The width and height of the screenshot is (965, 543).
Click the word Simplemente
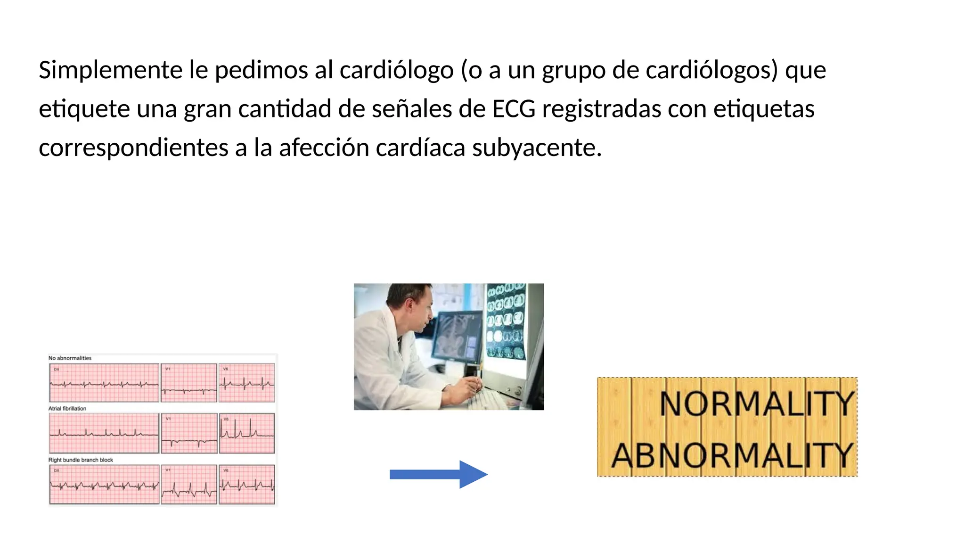110,70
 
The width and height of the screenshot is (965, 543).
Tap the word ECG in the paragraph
514,109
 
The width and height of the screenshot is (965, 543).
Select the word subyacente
537,148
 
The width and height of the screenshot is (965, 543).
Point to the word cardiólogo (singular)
396,70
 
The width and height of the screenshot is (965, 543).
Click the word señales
412,109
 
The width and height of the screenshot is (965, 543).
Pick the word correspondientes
133,148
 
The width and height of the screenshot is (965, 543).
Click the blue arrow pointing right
438,474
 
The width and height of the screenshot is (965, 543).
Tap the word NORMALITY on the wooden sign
756,404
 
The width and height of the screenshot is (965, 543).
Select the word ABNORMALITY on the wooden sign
732,455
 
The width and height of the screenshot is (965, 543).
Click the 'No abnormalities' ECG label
70,358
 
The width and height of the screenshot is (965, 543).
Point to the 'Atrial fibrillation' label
67,409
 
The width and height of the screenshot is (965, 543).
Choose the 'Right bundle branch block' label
81,460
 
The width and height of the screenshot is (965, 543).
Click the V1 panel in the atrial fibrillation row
189,433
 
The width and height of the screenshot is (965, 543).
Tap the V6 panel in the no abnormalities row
246,383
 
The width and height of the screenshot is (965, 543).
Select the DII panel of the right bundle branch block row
104,484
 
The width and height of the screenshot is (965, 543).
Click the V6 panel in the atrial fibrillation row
246,433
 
